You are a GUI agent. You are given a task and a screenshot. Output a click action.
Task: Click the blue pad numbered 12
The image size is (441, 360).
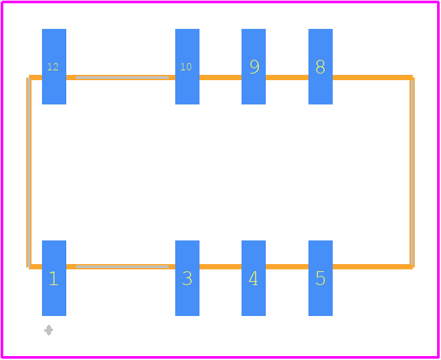[x=54, y=66]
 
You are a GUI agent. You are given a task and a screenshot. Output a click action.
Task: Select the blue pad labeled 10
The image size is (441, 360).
[x=187, y=66]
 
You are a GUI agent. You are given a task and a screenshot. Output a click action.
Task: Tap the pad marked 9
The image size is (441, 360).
[x=253, y=66]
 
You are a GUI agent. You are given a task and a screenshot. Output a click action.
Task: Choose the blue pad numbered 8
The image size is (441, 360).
[x=320, y=66]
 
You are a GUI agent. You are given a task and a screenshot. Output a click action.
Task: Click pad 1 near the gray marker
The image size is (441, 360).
[x=54, y=278]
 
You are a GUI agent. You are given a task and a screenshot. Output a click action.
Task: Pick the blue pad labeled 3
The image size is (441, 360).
[x=187, y=278]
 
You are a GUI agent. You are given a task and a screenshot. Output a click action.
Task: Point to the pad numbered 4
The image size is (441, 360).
[x=253, y=278]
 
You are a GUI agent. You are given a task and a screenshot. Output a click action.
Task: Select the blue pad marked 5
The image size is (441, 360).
[x=320, y=278]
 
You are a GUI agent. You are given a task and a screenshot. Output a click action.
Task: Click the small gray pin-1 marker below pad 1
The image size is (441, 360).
[x=49, y=330]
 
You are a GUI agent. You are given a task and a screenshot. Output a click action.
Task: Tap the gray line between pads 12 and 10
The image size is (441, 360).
[x=122, y=78]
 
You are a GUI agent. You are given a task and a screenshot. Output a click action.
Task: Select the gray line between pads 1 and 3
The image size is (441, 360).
[x=122, y=267]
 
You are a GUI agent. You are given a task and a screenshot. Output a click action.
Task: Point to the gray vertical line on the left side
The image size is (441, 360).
[x=29, y=172]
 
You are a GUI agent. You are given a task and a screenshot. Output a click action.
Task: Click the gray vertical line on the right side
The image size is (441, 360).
[x=411, y=172]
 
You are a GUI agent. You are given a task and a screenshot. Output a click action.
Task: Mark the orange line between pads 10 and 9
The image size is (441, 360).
[x=220, y=78]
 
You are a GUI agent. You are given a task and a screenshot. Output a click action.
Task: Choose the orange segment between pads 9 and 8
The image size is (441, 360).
[x=287, y=78]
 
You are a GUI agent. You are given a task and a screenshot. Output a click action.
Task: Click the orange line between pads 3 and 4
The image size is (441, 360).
[x=220, y=267]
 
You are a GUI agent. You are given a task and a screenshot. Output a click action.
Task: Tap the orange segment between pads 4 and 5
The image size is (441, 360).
[x=287, y=267]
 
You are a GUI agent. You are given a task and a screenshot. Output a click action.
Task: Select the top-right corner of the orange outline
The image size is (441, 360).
[x=412, y=78]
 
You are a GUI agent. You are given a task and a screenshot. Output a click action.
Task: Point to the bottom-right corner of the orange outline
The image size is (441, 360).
[x=412, y=267]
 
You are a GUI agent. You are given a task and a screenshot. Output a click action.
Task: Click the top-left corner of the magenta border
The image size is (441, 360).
[x=2, y=2]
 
